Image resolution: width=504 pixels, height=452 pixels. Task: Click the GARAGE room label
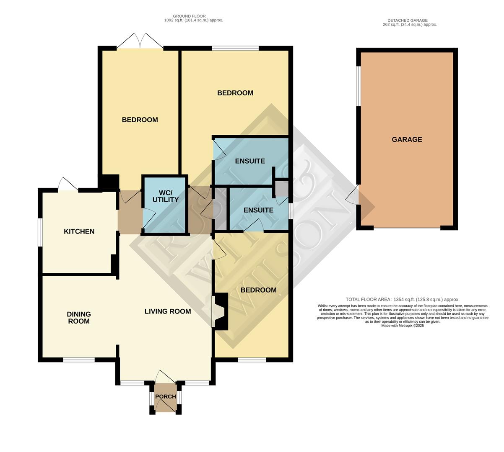click(x=407, y=140)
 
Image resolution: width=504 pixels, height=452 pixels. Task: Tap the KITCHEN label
click(x=79, y=231)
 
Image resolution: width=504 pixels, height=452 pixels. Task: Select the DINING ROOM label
click(x=79, y=318)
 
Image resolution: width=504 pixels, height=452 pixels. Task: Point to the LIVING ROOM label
click(x=168, y=311)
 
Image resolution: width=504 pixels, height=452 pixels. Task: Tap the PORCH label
click(x=166, y=397)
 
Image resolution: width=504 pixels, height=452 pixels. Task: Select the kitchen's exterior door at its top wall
click(x=68, y=184)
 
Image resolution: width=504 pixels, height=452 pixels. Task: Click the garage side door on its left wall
click(x=353, y=195)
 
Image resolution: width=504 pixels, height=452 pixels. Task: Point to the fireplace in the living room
click(x=219, y=312)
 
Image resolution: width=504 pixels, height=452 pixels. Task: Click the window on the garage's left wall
click(x=359, y=86)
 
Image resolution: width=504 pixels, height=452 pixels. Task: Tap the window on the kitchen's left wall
click(x=40, y=232)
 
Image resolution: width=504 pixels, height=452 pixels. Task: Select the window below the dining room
click(x=79, y=360)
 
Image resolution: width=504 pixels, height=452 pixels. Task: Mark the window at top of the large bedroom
click(x=235, y=48)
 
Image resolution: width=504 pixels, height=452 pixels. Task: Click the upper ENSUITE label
click(x=250, y=161)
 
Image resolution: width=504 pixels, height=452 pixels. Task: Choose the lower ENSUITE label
click(x=258, y=210)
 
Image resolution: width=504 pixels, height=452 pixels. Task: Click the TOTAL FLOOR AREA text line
click(x=402, y=300)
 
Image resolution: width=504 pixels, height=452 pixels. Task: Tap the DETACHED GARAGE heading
click(x=407, y=20)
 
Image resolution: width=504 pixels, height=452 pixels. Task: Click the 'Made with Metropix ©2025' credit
click(x=403, y=326)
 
